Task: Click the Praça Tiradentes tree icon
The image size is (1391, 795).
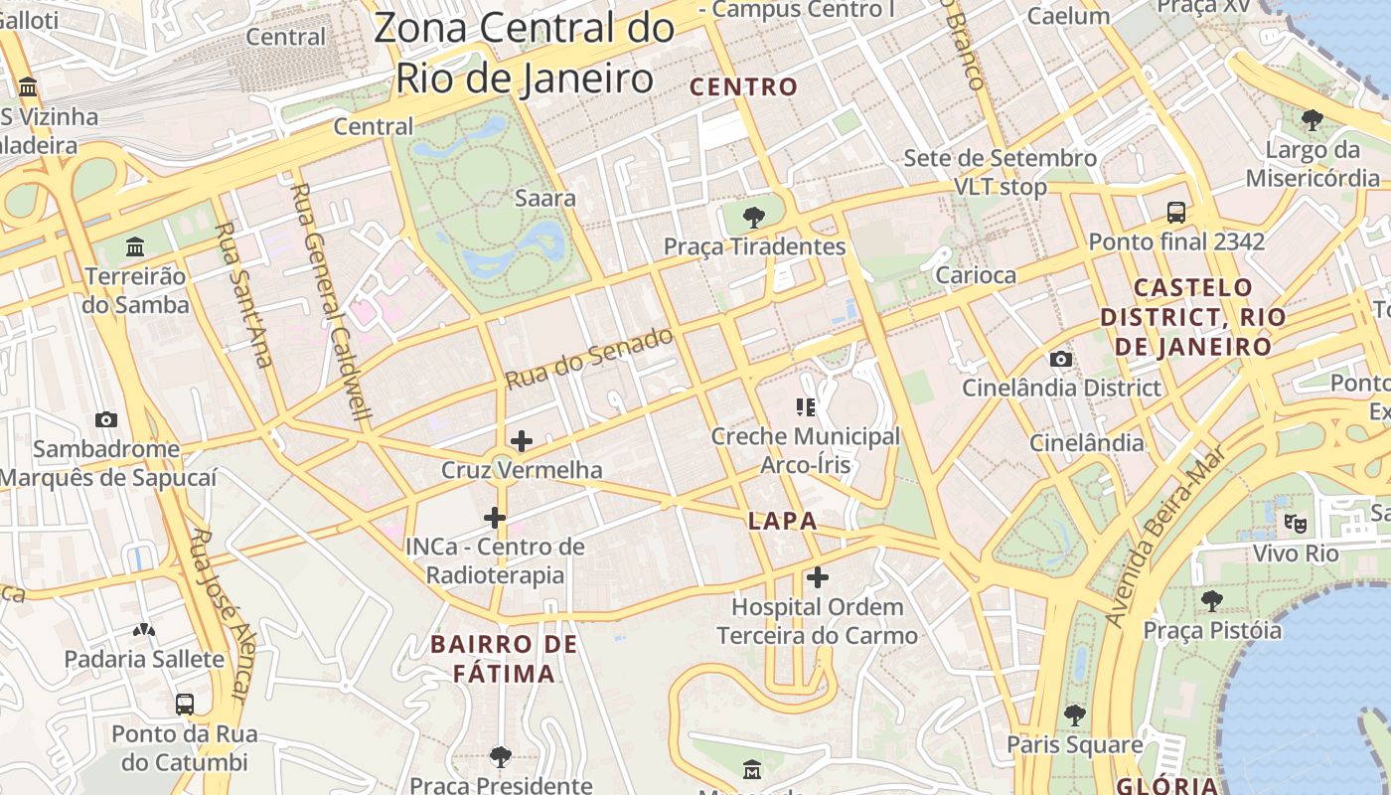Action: (x=754, y=217)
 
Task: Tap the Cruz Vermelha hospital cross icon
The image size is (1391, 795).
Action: (x=521, y=440)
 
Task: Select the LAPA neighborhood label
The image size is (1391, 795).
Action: (x=783, y=521)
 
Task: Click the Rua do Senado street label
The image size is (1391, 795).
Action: (x=588, y=358)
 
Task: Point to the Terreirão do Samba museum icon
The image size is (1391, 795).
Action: (x=135, y=245)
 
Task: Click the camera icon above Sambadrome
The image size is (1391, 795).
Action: (x=105, y=419)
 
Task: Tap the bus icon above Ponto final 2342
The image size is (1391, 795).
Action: (x=1176, y=212)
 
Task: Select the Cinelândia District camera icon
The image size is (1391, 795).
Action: (x=1061, y=359)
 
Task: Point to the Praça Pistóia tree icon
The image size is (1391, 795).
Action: (x=1211, y=600)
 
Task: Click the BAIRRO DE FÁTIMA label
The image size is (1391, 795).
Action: (x=504, y=659)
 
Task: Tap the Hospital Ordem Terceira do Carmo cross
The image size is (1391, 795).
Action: (x=818, y=576)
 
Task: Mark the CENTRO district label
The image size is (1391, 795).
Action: (x=744, y=87)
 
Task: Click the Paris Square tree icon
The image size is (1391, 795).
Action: (x=1074, y=715)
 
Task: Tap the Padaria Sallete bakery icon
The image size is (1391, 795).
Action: (x=144, y=630)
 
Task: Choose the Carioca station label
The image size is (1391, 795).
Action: (x=976, y=275)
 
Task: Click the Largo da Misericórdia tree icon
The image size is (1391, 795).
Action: (x=1312, y=120)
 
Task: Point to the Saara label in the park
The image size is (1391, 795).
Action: (x=544, y=198)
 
